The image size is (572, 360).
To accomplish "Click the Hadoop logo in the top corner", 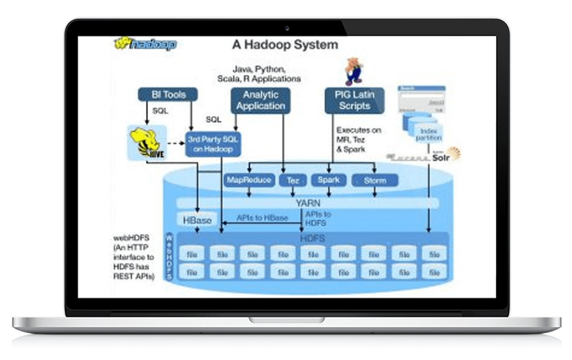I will (146, 44).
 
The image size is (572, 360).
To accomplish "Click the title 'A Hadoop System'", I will (285, 45).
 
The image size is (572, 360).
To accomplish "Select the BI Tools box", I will (168, 95).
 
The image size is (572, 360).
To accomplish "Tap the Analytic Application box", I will (261, 100).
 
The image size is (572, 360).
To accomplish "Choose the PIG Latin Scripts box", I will (354, 100).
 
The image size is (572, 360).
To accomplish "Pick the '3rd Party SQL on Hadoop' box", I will (213, 144).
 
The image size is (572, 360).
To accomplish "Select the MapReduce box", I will (249, 180).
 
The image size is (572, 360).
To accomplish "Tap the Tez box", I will (293, 180).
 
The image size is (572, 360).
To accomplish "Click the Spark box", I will (328, 180).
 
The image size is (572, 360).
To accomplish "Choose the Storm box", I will (375, 180).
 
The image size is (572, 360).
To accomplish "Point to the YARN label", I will (308, 203).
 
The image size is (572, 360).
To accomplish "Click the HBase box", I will (197, 220).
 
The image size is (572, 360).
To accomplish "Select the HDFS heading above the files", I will (312, 238).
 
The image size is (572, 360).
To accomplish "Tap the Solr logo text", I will (441, 157).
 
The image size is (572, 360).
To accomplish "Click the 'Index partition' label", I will (428, 134).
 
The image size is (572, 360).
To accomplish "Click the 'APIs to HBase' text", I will (262, 218).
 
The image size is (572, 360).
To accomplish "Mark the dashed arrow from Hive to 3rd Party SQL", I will (176, 144).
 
